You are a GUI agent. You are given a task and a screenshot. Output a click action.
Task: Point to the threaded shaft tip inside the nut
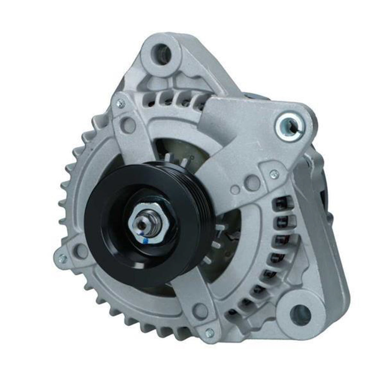[x=144, y=224]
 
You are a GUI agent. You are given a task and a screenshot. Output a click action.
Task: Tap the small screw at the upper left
[x=121, y=103]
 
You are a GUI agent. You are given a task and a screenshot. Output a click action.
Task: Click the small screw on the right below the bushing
[x=274, y=174]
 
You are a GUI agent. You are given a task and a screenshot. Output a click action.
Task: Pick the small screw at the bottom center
[x=209, y=332]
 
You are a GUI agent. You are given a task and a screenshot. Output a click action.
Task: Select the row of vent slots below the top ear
[x=177, y=99]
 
